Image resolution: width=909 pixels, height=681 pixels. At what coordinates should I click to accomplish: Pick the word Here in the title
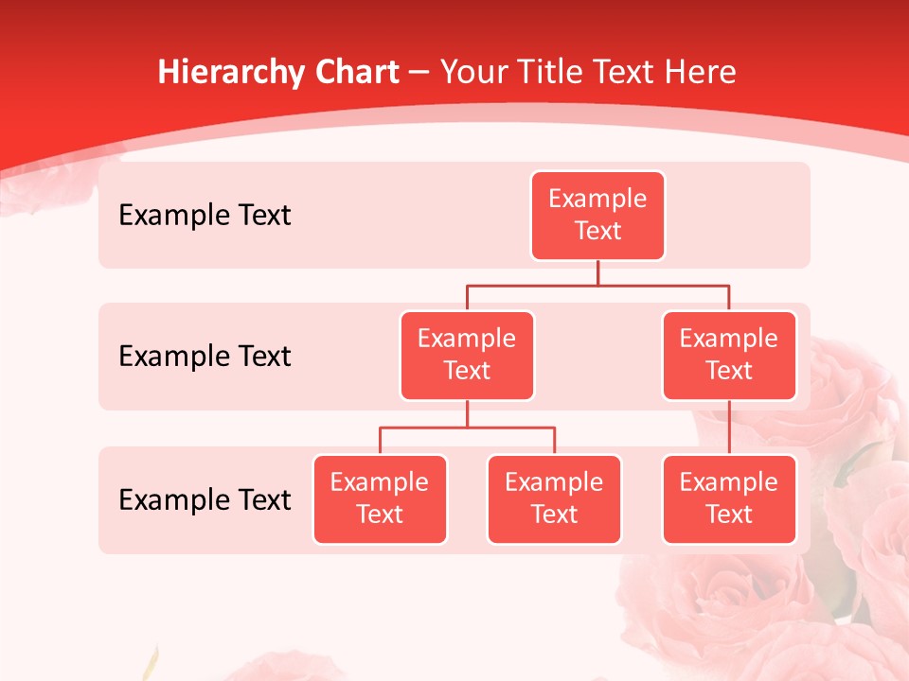[702, 73]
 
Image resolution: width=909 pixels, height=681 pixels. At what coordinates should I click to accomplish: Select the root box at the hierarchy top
[597, 216]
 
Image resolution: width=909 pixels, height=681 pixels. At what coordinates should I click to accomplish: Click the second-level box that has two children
[467, 356]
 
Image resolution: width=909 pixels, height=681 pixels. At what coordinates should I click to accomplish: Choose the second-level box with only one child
[728, 356]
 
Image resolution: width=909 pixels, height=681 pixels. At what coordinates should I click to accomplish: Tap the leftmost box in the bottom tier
[380, 499]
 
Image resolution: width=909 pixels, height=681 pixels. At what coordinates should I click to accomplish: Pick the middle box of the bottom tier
[554, 499]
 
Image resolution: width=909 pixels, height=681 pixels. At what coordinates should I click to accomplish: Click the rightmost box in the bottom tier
[728, 499]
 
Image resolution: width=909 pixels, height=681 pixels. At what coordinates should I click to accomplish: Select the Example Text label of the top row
[205, 216]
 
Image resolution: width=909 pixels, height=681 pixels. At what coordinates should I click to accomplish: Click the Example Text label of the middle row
[205, 357]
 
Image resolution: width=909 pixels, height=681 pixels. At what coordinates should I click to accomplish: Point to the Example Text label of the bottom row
[205, 499]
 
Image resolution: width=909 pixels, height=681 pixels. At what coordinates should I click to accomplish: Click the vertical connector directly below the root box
[597, 272]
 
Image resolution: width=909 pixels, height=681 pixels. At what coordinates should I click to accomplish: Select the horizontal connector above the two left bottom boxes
[467, 428]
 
